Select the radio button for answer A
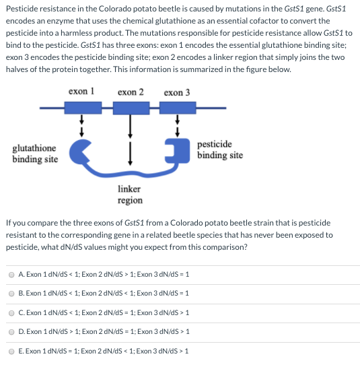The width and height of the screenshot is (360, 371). tap(11, 275)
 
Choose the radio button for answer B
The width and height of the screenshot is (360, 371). tap(11, 294)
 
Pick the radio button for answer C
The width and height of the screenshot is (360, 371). tap(11, 313)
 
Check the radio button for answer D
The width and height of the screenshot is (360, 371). tap(11, 332)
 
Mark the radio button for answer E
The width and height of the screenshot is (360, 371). tap(11, 351)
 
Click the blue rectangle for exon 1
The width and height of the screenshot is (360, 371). tap(83, 108)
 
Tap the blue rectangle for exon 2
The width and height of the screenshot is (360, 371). tap(131, 108)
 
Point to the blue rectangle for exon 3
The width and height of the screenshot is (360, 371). tap(178, 108)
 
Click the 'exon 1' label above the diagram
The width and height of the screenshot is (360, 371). tap(81, 92)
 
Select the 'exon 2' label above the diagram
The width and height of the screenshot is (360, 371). tap(131, 92)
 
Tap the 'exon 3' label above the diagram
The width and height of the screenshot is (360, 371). tap(177, 92)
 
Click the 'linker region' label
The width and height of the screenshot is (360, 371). tap(130, 195)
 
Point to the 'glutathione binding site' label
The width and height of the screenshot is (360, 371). tap(35, 154)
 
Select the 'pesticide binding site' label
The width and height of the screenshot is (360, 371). tap(220, 149)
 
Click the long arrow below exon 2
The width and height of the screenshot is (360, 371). tap(130, 127)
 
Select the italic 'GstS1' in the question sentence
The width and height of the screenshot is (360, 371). tap(134, 223)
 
